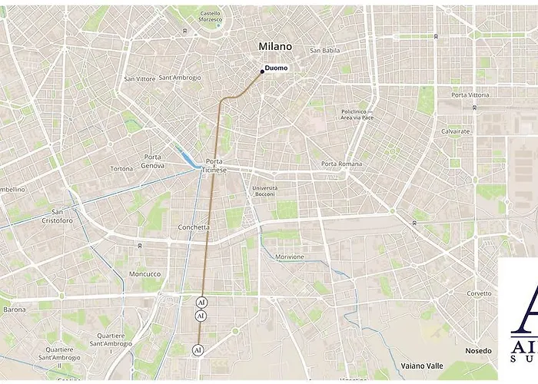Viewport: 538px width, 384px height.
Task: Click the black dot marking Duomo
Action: click(262, 71)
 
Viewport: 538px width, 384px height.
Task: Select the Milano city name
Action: click(275, 47)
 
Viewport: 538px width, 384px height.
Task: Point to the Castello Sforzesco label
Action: click(210, 18)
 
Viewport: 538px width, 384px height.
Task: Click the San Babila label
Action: click(324, 51)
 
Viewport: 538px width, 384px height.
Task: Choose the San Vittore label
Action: click(140, 78)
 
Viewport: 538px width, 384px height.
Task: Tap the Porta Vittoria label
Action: click(470, 94)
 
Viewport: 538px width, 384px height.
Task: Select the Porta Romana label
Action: click(340, 164)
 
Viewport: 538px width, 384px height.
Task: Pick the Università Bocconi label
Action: click(264, 191)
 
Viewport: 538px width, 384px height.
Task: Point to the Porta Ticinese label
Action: click(215, 166)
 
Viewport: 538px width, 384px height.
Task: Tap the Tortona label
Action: click(121, 169)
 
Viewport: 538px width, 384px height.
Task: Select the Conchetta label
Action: click(193, 227)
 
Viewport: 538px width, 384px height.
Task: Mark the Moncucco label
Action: click(145, 274)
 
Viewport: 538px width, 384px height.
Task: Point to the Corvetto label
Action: click(479, 293)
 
